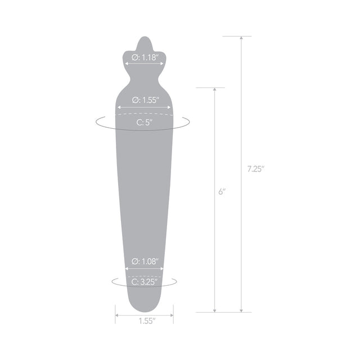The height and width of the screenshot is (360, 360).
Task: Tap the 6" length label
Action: [222, 192]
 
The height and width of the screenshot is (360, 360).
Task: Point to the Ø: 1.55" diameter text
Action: [145, 100]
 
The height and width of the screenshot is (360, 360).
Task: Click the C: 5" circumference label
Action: [145, 122]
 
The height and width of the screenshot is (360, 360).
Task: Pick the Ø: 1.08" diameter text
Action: [145, 262]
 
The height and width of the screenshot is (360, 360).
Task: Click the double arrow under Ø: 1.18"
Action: [143, 64]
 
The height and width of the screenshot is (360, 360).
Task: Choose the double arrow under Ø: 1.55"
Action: [145, 107]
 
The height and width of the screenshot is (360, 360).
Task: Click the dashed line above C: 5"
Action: [145, 114]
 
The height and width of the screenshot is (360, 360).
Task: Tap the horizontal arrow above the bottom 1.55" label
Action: [145, 314]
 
